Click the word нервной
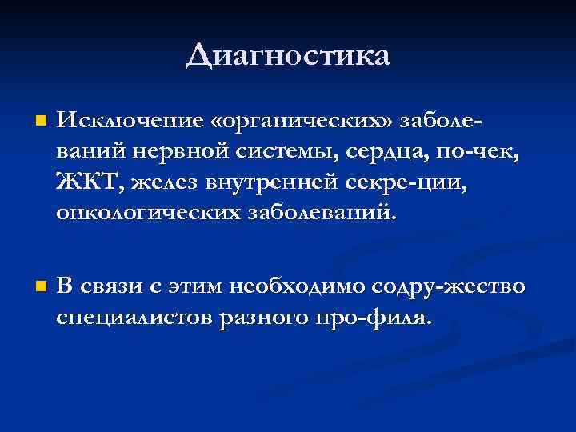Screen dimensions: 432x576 (188, 152)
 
